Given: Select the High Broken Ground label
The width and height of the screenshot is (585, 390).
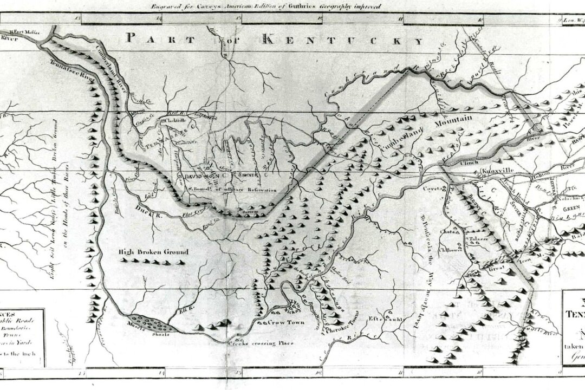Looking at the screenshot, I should tap(153, 252).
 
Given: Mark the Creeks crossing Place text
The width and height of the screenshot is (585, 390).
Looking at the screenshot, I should tap(260, 343).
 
